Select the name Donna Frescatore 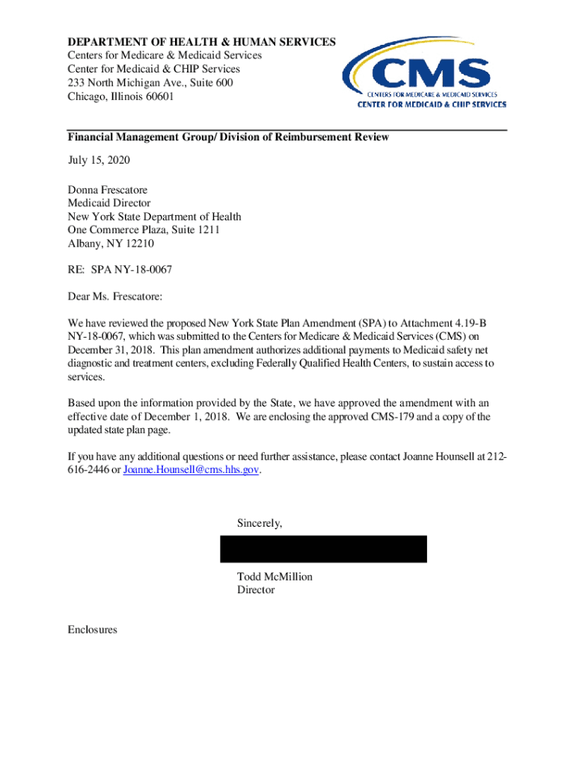pos(107,190)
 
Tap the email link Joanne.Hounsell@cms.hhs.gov pos(192,469)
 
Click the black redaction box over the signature pos(323,549)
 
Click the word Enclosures pos(92,630)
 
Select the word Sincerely pos(260,523)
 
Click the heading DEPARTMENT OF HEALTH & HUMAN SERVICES pos(201,42)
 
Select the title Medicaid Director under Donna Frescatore pos(108,203)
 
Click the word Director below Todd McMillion pos(256,590)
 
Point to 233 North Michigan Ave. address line pos(150,83)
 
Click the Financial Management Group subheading pos(227,137)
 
